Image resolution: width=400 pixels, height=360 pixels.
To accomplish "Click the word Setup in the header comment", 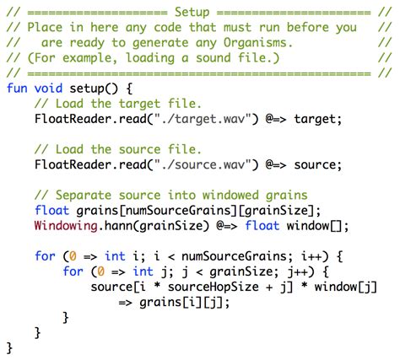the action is pos(192,13).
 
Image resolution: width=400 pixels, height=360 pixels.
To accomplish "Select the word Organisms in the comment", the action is pos(255,43).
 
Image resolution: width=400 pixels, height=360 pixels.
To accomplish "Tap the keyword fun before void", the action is pos(17,88).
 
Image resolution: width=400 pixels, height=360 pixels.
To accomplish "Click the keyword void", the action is pos(48,88).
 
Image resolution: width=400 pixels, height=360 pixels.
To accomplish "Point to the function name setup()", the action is pos(94,89).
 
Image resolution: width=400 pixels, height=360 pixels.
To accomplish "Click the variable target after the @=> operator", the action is pos(315,119).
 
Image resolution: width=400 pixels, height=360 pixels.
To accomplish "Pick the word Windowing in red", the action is pos(66,226).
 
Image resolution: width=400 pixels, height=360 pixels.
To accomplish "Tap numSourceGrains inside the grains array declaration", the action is pos(178,210).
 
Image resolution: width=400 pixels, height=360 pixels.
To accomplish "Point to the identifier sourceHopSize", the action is pos(214,287).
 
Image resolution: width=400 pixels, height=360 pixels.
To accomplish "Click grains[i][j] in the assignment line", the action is pos(181,303).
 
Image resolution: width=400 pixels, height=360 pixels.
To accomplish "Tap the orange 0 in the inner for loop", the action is pos(101,271).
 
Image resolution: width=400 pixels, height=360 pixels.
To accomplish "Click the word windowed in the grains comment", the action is pos(230,195).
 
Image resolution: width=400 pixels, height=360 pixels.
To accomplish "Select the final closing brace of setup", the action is pos(9,348).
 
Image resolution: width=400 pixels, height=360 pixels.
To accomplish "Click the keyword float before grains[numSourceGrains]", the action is pos(51,210).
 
